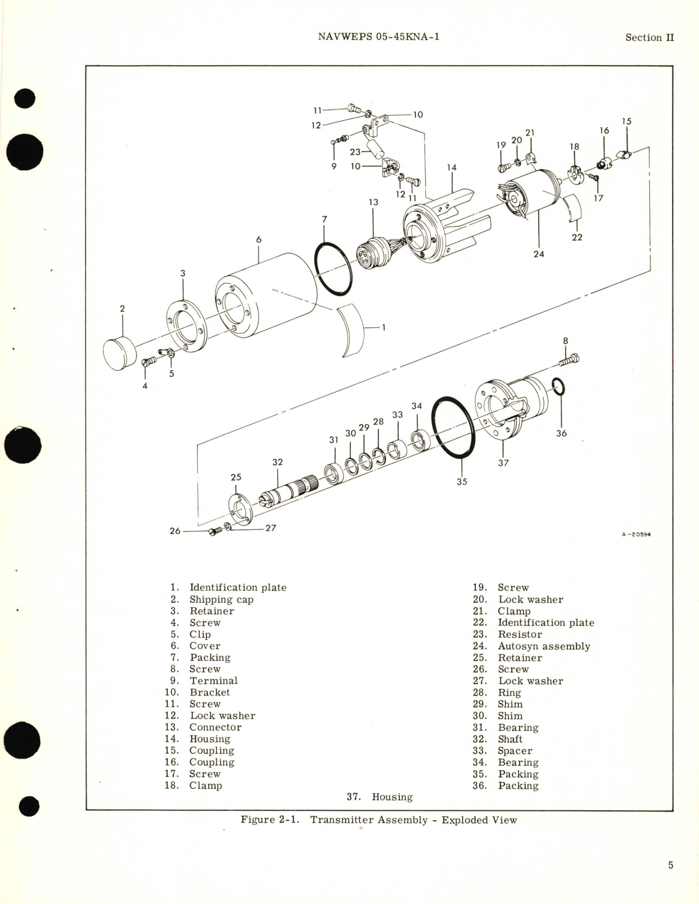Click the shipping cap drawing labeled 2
(120, 353)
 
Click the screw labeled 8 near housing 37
(570, 359)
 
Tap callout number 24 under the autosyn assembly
(539, 254)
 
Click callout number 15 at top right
(626, 121)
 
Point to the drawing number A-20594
(635, 534)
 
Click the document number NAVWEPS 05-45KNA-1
(378, 37)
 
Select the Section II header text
(649, 38)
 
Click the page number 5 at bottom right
(670, 865)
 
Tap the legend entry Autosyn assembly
(543, 646)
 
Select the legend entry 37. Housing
(380, 797)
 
